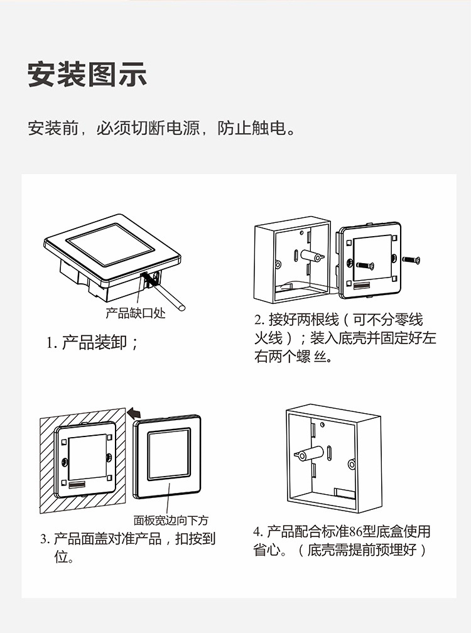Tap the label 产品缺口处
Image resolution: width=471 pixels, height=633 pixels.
[x=135, y=313]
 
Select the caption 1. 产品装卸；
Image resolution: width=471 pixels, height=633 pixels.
[x=92, y=343]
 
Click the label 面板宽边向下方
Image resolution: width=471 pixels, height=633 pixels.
[x=171, y=520]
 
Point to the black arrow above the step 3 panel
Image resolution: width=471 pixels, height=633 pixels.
[x=133, y=413]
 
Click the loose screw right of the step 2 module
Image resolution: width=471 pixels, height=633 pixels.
[x=412, y=259]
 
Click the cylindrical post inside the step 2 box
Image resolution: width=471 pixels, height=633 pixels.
[x=309, y=257]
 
